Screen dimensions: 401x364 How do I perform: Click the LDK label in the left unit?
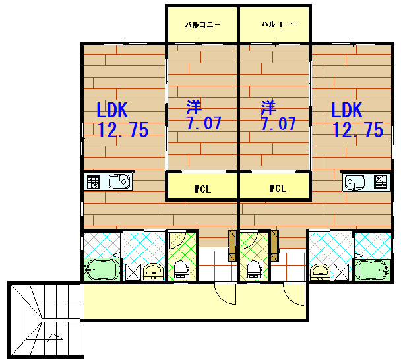pyautogui.click(x=112, y=110)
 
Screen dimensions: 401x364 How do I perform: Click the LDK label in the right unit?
pyautogui.click(x=347, y=109)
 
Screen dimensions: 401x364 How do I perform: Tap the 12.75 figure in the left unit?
pyautogui.click(x=123, y=129)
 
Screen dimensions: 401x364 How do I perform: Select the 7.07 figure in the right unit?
pyautogui.click(x=278, y=123)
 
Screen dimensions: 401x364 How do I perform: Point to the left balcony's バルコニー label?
pyautogui.click(x=202, y=25)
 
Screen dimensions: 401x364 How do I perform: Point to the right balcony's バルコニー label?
pyautogui.click(x=279, y=24)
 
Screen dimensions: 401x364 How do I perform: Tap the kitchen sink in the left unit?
pyautogui.click(x=119, y=182)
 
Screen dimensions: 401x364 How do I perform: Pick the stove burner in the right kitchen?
pyautogui.click(x=381, y=182)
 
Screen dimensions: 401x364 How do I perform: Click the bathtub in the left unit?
pyautogui.click(x=102, y=270)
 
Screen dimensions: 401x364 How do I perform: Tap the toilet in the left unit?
pyautogui.click(x=181, y=270)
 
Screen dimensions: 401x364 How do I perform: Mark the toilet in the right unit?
pyautogui.click(x=255, y=270)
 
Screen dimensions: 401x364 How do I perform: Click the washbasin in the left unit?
pyautogui.click(x=153, y=272)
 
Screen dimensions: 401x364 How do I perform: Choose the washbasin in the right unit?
pyautogui.click(x=320, y=272)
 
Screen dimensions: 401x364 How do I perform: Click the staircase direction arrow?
pyautogui.click(x=55, y=337)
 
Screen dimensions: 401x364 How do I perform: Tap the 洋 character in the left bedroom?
pyautogui.click(x=194, y=107)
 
